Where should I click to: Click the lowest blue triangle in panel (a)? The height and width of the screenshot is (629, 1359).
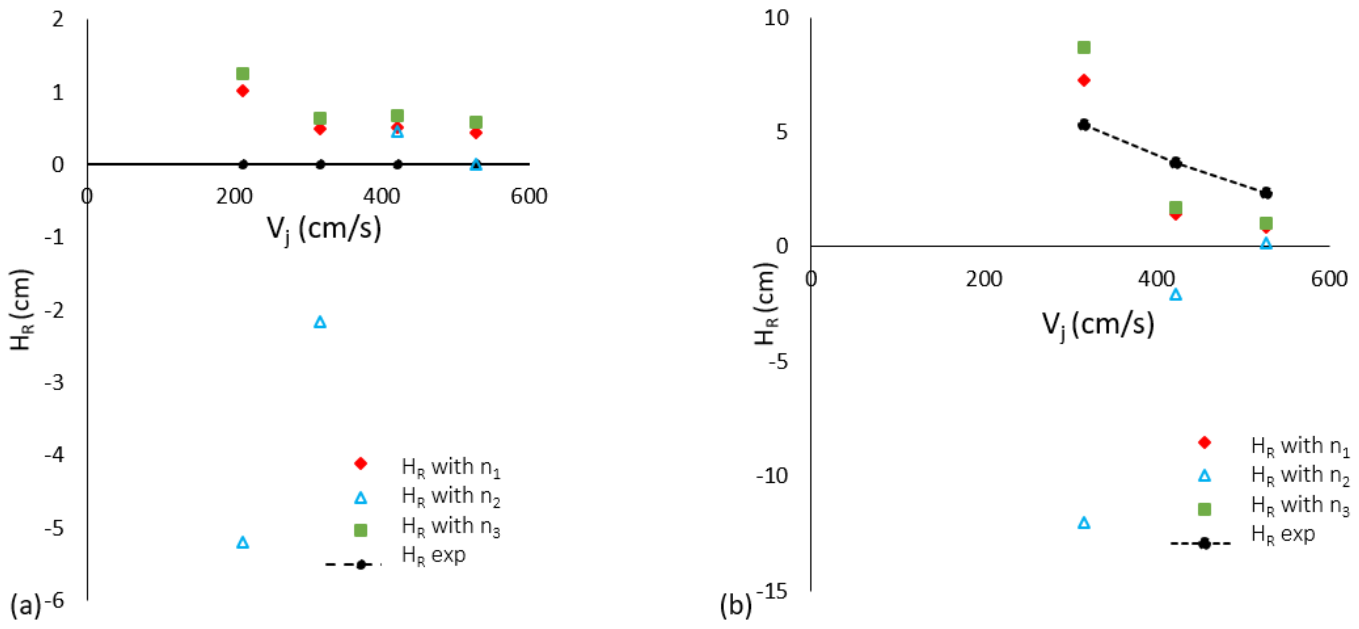coord(243,543)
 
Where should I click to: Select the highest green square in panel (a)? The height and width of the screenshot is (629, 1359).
coord(243,73)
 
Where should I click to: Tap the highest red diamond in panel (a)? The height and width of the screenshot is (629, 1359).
coord(243,91)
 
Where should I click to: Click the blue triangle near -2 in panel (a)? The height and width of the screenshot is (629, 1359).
coord(320,322)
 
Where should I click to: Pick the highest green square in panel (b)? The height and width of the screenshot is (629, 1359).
coord(1084,47)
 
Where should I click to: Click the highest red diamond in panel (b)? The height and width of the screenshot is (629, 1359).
coord(1084,80)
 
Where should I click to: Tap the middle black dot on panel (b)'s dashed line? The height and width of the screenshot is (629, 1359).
coord(1175,163)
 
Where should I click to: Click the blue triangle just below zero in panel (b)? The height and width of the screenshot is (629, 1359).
coord(1175,295)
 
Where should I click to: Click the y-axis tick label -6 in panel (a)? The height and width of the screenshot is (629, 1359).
coord(54,600)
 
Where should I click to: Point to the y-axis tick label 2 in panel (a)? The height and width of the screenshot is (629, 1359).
coord(58,20)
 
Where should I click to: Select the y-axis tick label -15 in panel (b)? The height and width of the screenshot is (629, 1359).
coord(771,592)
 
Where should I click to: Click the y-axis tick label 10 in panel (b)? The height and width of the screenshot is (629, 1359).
coord(776,18)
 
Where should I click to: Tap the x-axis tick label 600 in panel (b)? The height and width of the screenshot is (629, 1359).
coord(1328,279)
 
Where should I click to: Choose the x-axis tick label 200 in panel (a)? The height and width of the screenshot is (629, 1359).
coord(234,196)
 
